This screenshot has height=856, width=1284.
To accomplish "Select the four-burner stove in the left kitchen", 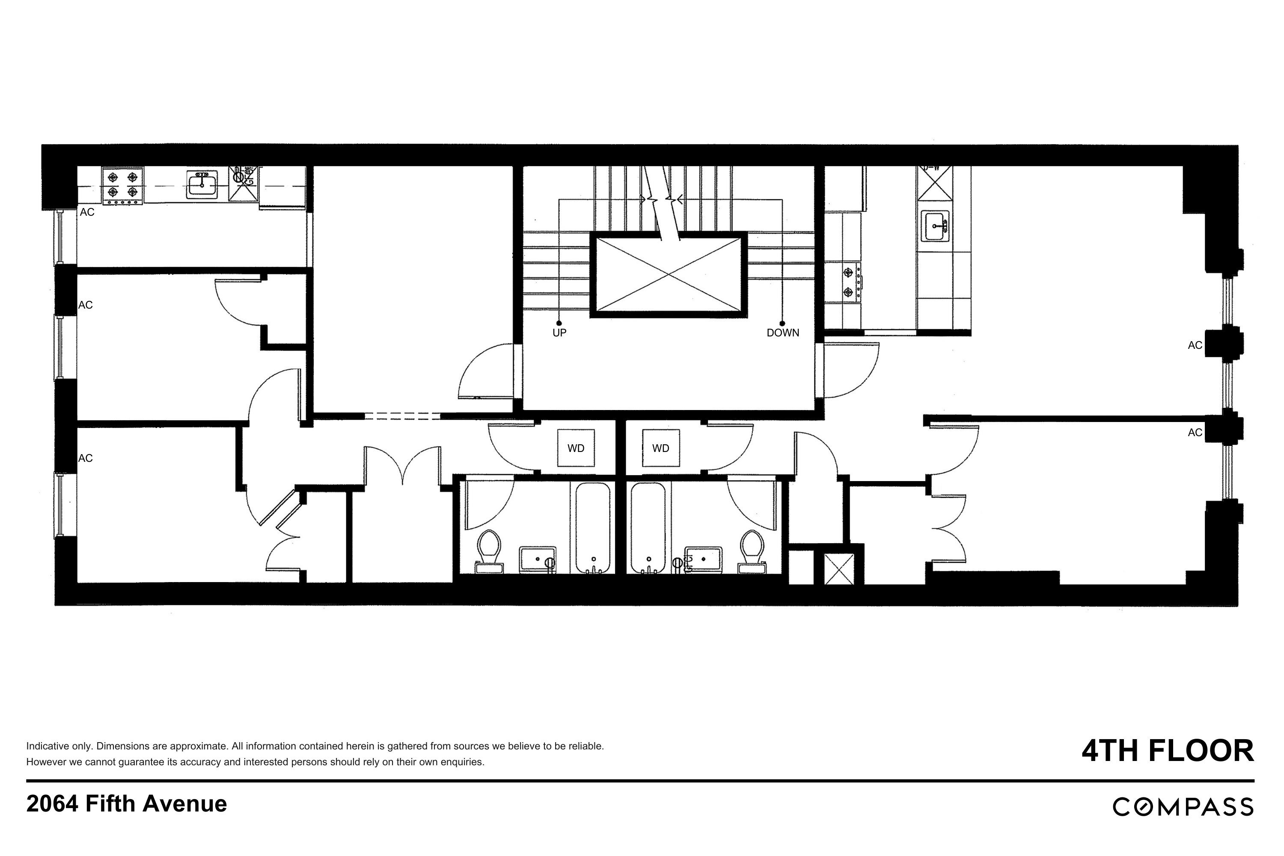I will click(x=123, y=186).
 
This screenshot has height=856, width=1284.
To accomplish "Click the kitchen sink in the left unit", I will click(x=202, y=184).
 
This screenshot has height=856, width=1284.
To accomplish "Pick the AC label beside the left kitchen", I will click(x=87, y=212).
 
